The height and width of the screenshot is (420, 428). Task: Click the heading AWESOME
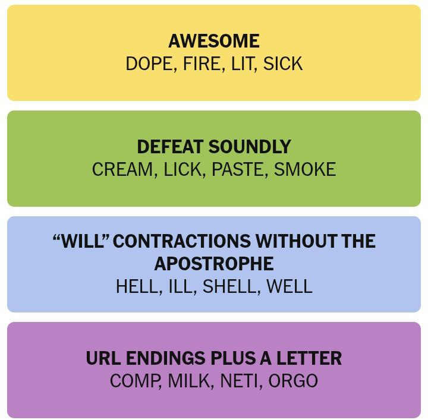[214, 41]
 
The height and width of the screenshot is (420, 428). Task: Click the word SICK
[283, 64]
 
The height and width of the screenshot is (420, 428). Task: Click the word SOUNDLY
[250, 147]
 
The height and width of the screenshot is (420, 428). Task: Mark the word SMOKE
[304, 170]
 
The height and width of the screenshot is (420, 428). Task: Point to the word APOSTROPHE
[214, 264]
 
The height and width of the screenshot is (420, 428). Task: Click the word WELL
[289, 286]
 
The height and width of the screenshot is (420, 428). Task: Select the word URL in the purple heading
[103, 358]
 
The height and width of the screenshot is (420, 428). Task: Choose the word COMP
[136, 381]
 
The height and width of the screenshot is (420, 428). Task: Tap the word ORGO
[293, 381]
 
